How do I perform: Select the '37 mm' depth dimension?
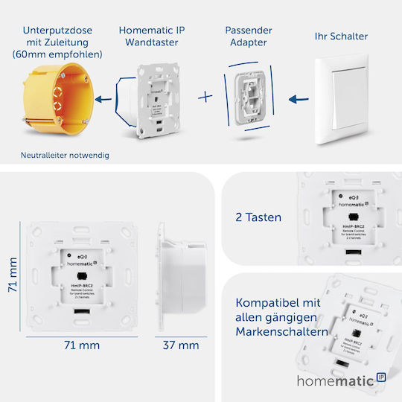tap(181, 345)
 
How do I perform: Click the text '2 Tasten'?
tap(258, 217)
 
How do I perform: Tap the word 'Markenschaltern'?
tap(281, 331)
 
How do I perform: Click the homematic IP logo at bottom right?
tap(340, 380)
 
